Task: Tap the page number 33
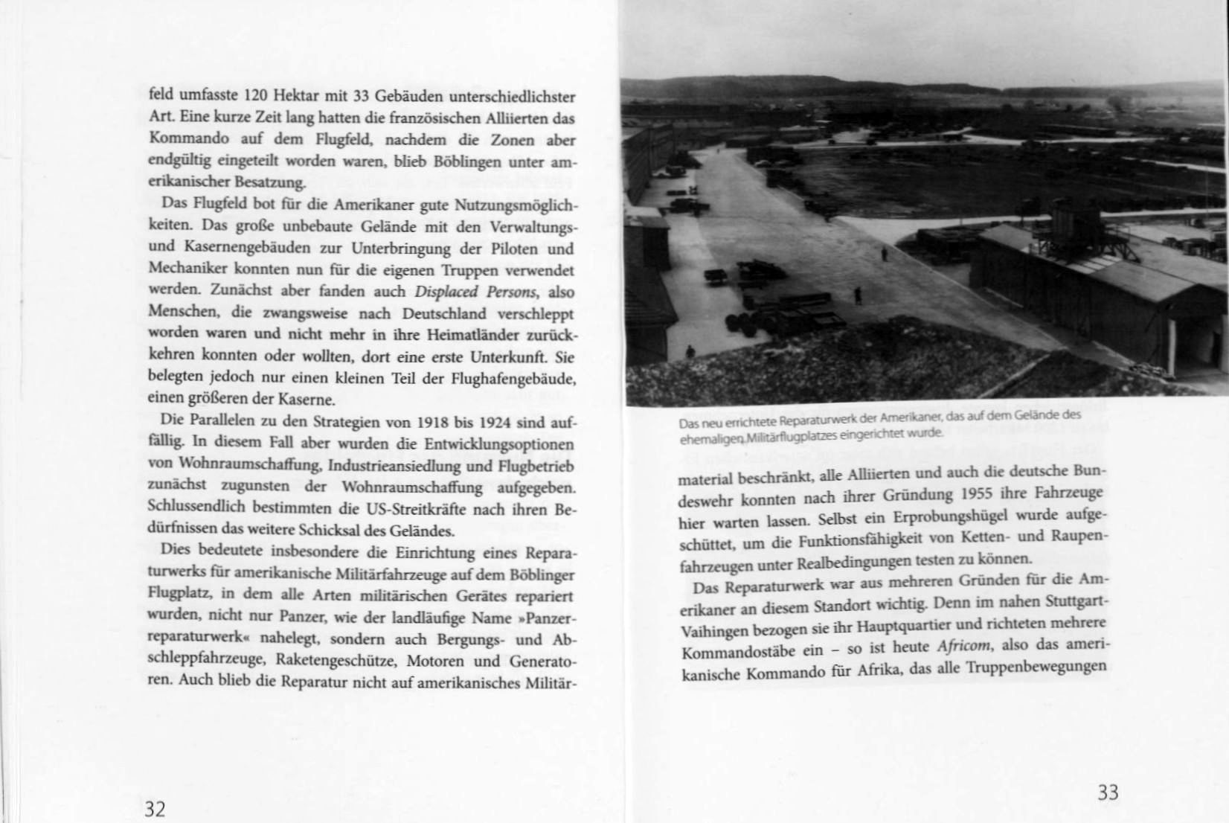pyautogui.click(x=1108, y=792)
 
